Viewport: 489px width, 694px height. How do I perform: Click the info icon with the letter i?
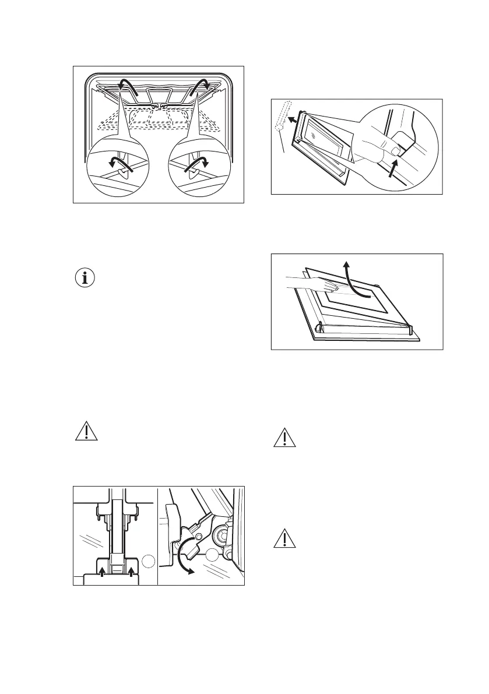(86, 278)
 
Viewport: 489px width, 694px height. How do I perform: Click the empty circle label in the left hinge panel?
(149, 561)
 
